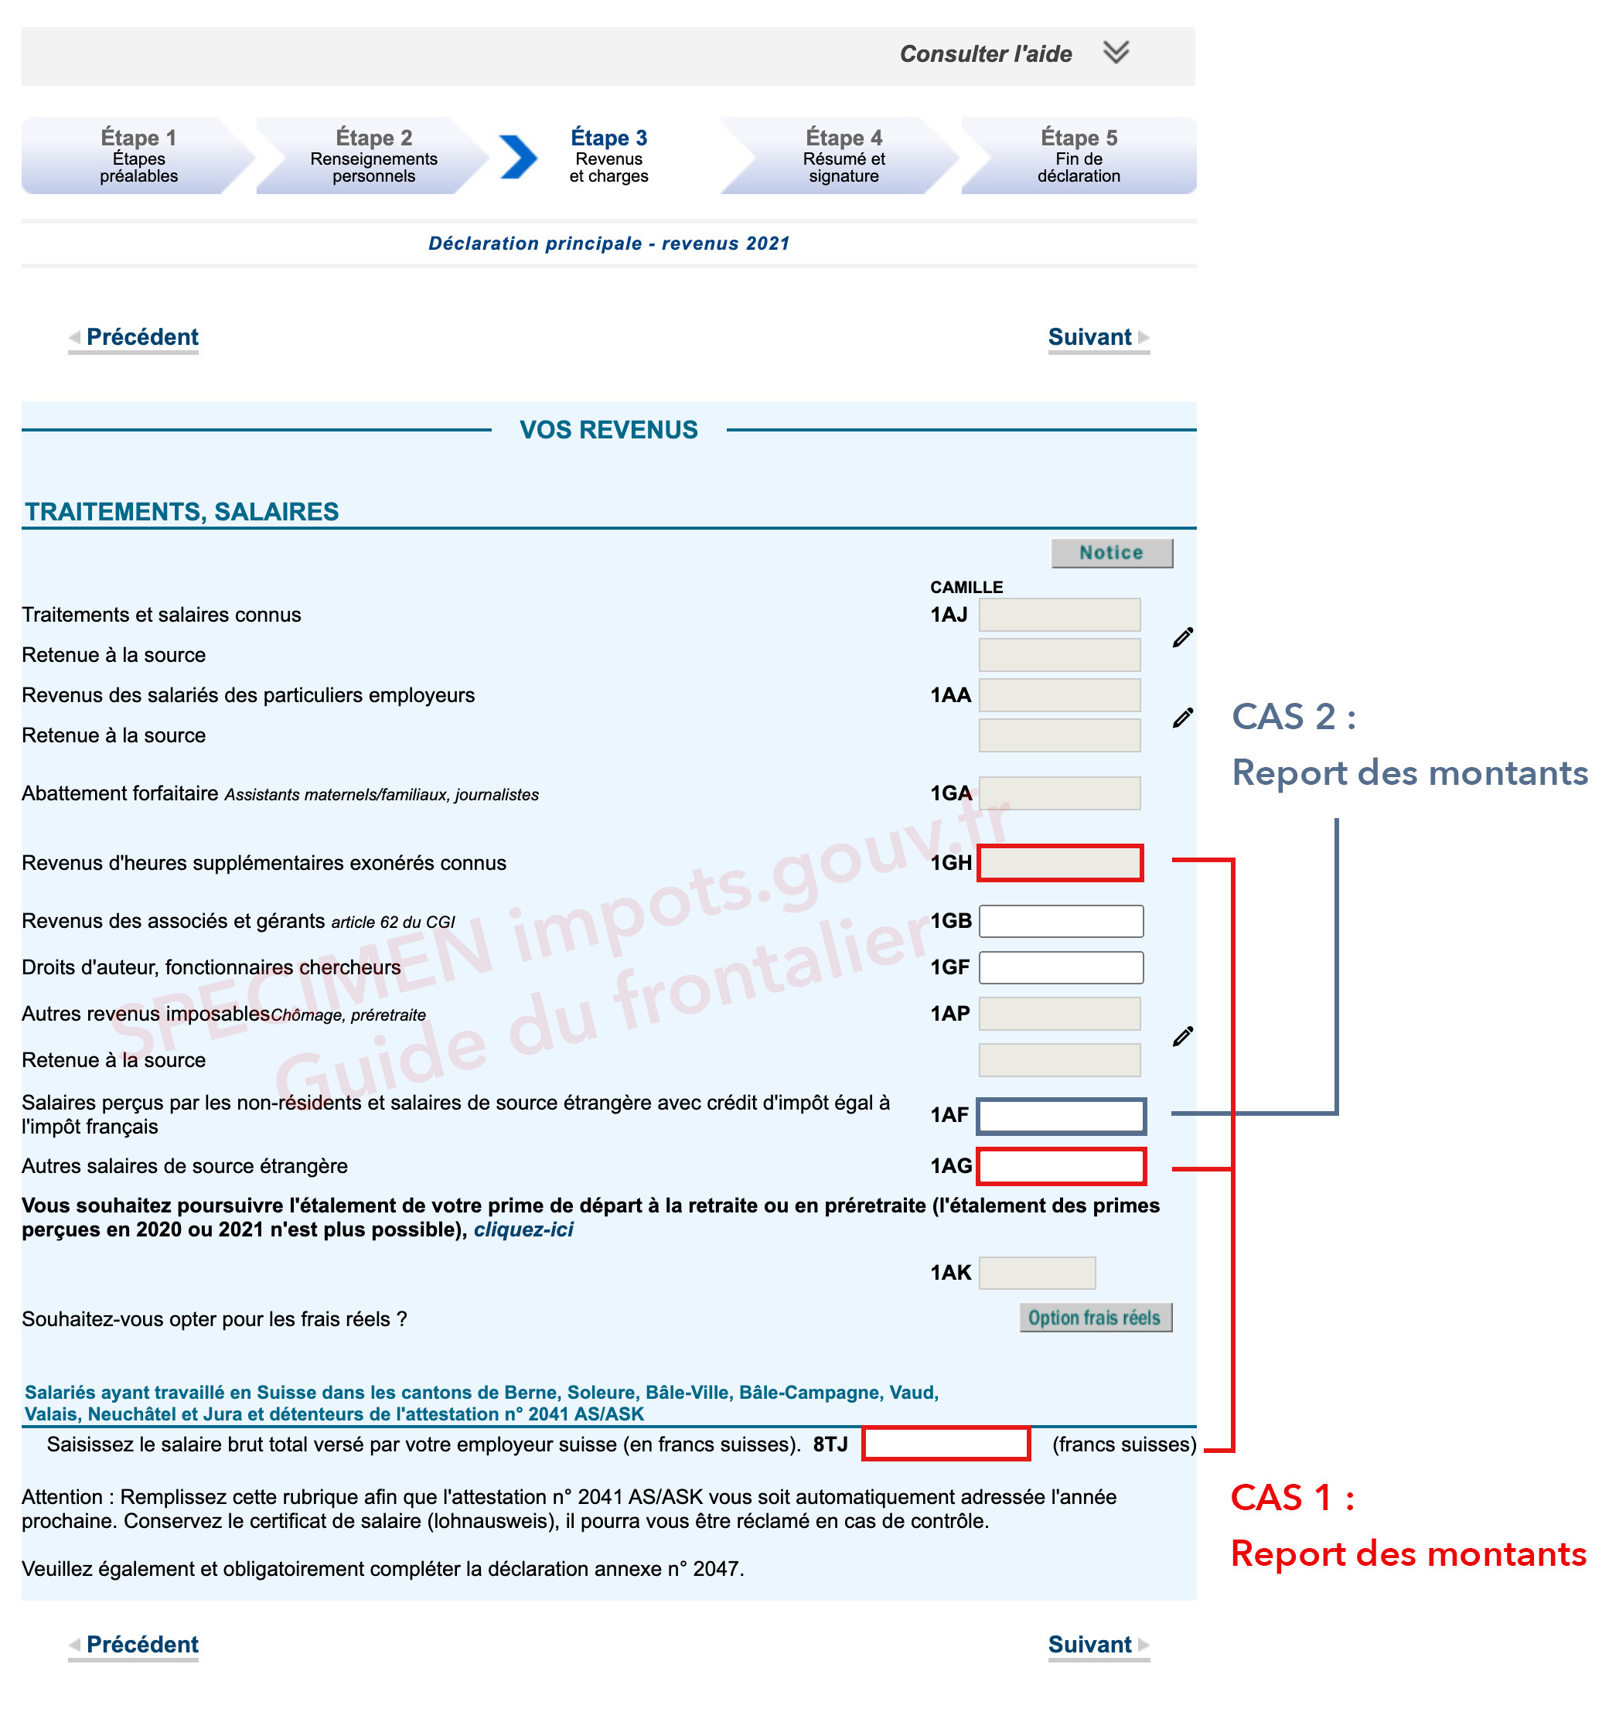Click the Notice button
pyautogui.click(x=1110, y=552)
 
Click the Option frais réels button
pyautogui.click(x=1094, y=1318)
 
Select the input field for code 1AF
pyautogui.click(x=1060, y=1116)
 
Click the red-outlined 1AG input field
pyautogui.click(x=1060, y=1166)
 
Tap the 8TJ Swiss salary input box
pyautogui.click(x=945, y=1444)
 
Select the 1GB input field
pyautogui.click(x=1060, y=921)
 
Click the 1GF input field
pyautogui.click(x=1060, y=967)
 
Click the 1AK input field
pyautogui.click(x=1037, y=1273)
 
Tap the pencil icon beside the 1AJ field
pyautogui.click(x=1181, y=636)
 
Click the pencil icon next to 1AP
pyautogui.click(x=1181, y=1036)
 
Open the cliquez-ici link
pyautogui.click(x=523, y=1229)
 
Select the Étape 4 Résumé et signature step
pyautogui.click(x=843, y=155)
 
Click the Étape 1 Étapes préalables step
pyautogui.click(x=138, y=155)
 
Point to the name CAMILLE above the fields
pyautogui.click(x=965, y=587)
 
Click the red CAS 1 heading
pyautogui.click(x=1291, y=1498)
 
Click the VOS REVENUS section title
pyautogui.click(x=608, y=430)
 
